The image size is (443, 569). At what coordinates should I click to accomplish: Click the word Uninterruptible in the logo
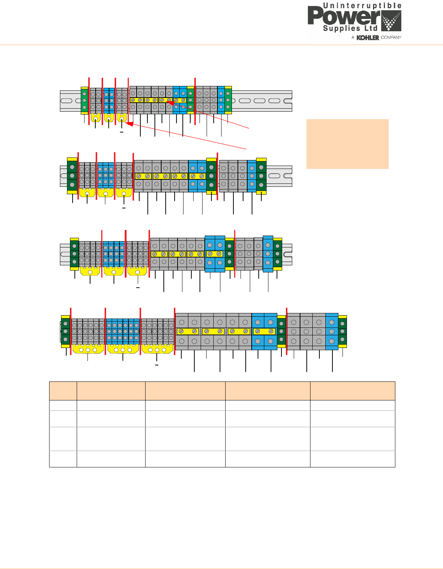click(x=362, y=6)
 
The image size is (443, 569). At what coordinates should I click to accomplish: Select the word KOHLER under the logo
click(x=368, y=38)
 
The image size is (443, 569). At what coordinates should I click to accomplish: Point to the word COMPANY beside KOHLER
click(x=391, y=38)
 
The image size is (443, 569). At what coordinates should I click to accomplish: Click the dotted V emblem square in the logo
click(x=391, y=21)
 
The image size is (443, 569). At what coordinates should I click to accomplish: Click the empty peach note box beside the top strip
click(x=347, y=144)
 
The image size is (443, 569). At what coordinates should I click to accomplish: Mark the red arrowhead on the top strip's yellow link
click(x=170, y=103)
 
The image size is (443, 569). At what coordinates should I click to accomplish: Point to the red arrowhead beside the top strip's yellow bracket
click(x=130, y=124)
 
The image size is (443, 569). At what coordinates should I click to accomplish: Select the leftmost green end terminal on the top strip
click(x=85, y=100)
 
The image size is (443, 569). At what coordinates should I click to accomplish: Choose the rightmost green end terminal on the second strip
click(x=261, y=176)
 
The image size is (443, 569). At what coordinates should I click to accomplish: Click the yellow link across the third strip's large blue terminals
click(x=215, y=254)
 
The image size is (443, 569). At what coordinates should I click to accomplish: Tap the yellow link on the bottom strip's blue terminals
click(x=264, y=331)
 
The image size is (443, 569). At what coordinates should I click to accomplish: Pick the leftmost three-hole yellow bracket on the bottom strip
click(x=88, y=349)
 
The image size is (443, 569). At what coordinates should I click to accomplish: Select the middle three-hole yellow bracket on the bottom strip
click(x=123, y=349)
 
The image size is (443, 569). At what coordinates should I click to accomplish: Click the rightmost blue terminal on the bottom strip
click(x=332, y=331)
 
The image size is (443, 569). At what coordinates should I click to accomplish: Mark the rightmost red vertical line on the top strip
click(x=195, y=101)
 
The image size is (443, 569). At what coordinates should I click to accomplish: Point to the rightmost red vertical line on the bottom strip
click(x=287, y=331)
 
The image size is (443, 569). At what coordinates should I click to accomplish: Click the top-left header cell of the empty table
click(x=63, y=391)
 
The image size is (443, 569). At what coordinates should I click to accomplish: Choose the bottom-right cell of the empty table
click(x=352, y=459)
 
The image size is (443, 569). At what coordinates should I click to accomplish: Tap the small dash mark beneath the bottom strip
click(x=157, y=365)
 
